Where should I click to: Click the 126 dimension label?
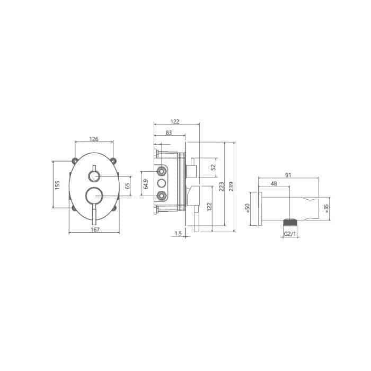click(94, 139)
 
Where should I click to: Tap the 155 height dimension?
click(57, 185)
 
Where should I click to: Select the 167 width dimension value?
click(95, 229)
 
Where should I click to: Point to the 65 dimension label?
click(127, 185)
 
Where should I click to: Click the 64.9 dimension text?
click(146, 184)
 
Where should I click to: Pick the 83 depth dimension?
click(169, 132)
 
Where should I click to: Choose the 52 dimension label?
click(214, 167)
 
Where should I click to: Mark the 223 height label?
click(222, 187)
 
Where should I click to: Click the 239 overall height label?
click(231, 187)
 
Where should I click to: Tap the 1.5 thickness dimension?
click(178, 234)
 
